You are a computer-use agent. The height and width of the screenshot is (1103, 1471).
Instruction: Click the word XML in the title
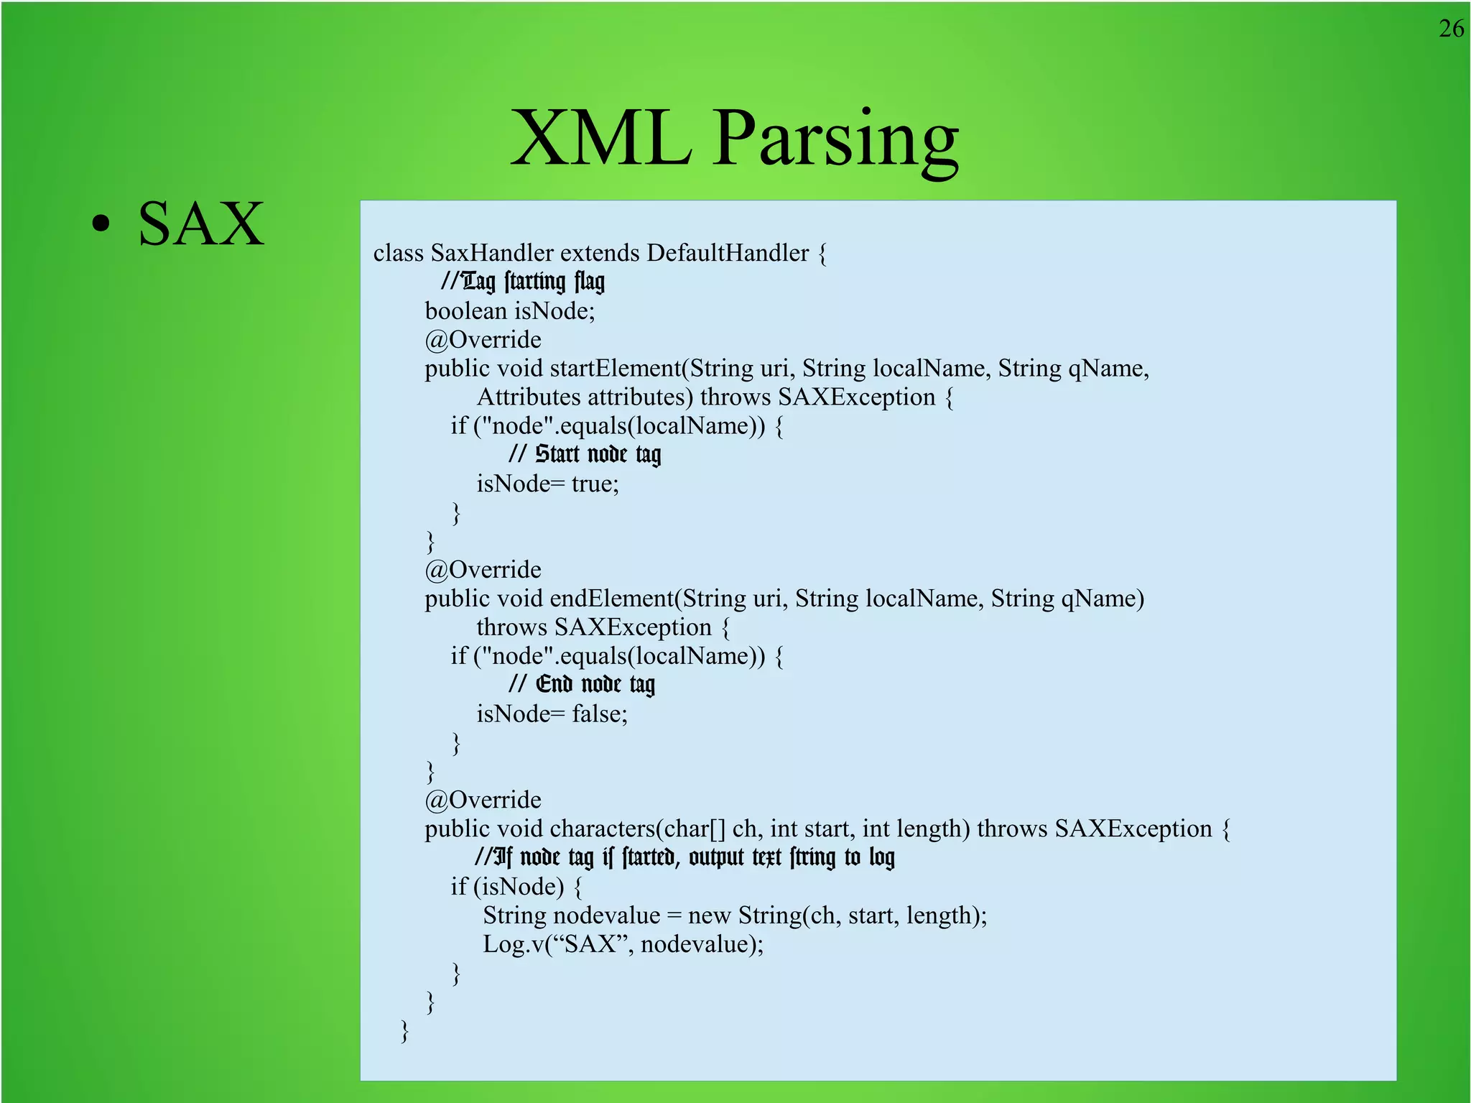pos(600,138)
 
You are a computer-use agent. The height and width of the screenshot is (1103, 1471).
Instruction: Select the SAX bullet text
pos(201,224)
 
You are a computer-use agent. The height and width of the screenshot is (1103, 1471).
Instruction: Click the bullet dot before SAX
pos(101,223)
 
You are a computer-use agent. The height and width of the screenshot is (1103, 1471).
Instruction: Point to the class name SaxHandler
pos(492,253)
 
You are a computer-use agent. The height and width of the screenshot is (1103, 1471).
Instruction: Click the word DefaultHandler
pos(727,253)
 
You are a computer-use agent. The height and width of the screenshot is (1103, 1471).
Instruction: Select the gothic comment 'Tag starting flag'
pos(523,282)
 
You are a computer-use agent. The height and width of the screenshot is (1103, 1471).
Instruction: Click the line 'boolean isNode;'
pos(510,311)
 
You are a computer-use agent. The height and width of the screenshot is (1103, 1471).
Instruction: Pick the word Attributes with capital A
pos(529,397)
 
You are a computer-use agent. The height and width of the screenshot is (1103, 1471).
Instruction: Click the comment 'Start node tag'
pos(585,455)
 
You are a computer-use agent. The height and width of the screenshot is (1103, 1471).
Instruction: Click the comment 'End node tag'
pos(582,685)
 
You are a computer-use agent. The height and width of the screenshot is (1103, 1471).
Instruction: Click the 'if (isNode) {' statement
pos(516,887)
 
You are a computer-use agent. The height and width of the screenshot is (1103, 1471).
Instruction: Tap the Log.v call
pos(623,944)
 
